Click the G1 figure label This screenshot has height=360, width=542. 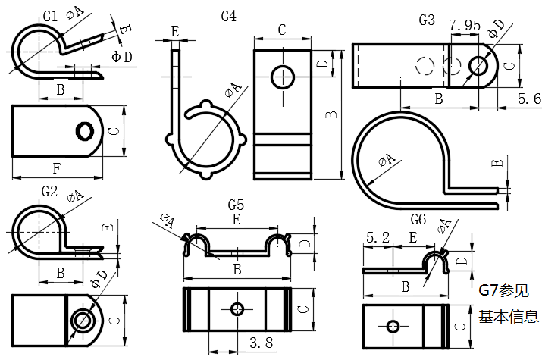[50, 16]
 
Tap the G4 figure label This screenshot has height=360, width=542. [228, 15]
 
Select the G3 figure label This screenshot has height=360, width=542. [427, 20]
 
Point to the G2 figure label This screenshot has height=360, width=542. [50, 190]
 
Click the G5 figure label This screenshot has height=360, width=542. [236, 204]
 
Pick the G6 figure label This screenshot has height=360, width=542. [418, 219]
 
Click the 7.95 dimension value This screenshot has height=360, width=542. [465, 26]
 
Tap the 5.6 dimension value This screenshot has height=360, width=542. [528, 99]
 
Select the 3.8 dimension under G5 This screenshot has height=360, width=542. [260, 344]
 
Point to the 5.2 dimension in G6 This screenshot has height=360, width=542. [378, 238]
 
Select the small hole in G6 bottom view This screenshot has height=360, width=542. [393, 327]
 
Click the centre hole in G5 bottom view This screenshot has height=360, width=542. [237, 309]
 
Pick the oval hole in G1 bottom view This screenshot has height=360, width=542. [83, 132]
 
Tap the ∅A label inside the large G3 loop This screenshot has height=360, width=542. [387, 160]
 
